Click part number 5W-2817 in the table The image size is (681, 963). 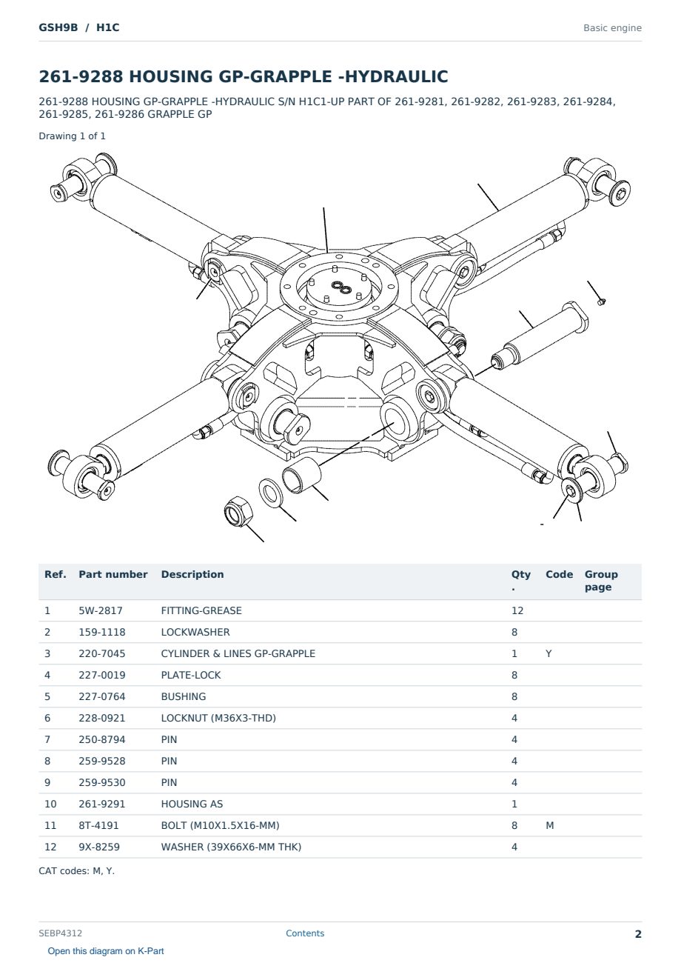[100, 610]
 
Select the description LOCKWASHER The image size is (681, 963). [195, 632]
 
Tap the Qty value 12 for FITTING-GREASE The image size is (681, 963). [517, 610]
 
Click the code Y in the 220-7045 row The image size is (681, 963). [549, 653]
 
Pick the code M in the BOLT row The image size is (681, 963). [549, 825]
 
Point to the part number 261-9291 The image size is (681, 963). [101, 804]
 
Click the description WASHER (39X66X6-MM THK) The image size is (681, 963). [231, 847]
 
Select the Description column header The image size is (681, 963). [192, 574]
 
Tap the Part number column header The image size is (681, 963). [113, 574]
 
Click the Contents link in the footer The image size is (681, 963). [305, 933]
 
